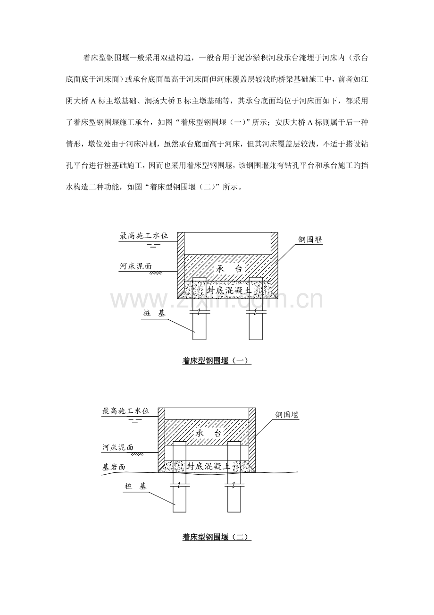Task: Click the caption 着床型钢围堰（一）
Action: [x=217, y=360]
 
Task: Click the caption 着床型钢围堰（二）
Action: [x=217, y=537]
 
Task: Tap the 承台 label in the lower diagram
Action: [x=209, y=434]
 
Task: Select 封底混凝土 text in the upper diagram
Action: [x=229, y=290]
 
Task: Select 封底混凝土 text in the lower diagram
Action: [x=209, y=466]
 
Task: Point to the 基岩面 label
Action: [x=114, y=467]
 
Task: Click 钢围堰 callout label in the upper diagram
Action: [x=310, y=239]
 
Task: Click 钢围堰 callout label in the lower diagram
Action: [x=287, y=415]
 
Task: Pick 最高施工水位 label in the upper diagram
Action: [x=144, y=236]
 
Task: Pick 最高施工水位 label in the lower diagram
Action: [x=126, y=411]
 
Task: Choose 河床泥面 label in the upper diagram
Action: [x=136, y=266]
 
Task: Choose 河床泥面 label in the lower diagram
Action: [x=118, y=447]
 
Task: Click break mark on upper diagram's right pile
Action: [x=256, y=312]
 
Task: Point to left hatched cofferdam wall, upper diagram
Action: [x=181, y=265]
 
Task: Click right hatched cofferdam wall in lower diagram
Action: [x=252, y=440]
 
